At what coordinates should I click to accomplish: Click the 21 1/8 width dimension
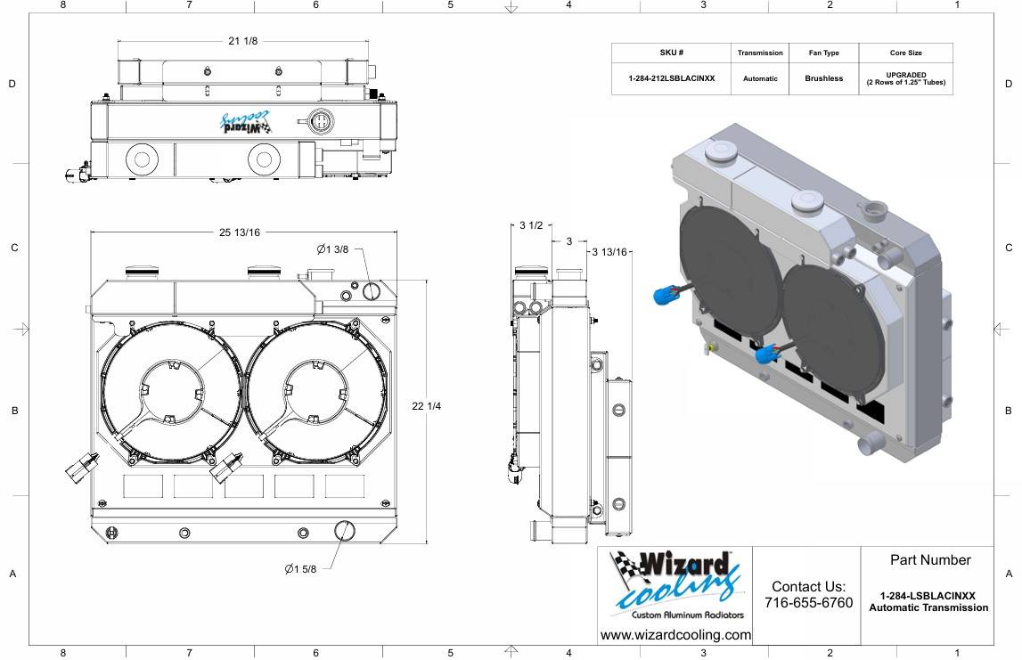point(242,42)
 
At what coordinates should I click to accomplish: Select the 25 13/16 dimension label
point(239,232)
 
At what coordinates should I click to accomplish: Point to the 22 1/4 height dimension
point(428,406)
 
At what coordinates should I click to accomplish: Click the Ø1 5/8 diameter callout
point(300,569)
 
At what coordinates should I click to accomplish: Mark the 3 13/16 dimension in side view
point(612,252)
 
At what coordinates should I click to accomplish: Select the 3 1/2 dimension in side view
point(531,226)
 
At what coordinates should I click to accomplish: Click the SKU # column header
point(671,53)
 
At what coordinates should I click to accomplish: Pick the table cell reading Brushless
point(823,78)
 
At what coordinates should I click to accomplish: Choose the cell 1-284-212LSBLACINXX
point(671,78)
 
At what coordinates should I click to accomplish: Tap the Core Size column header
point(905,53)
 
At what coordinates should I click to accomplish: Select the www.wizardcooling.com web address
point(675,635)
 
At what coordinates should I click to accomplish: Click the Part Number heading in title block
point(929,560)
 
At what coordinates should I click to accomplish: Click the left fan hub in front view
point(170,392)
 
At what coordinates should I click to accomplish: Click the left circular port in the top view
point(140,159)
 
